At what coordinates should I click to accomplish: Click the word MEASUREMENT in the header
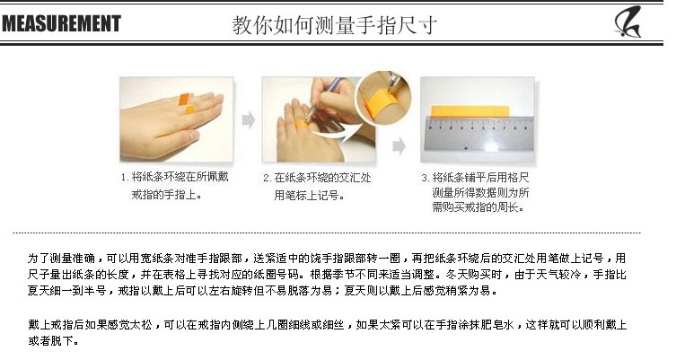(61, 23)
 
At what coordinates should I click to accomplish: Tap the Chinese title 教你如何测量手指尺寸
(335, 25)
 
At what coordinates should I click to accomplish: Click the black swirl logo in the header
(628, 22)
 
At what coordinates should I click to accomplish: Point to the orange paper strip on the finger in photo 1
(186, 103)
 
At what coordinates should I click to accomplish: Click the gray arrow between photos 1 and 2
(249, 119)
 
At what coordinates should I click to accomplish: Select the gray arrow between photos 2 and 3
(399, 145)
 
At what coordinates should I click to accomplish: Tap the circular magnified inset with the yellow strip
(382, 98)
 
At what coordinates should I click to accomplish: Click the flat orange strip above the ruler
(470, 111)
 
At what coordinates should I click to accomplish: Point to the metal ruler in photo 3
(478, 133)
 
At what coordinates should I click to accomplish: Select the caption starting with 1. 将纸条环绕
(174, 186)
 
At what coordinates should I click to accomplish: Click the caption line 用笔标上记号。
(310, 196)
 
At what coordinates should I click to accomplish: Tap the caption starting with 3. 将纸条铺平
(476, 192)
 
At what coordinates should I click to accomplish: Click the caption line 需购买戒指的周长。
(478, 207)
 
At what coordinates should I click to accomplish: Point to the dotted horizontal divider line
(327, 233)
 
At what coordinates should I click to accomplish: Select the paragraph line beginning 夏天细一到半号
(262, 291)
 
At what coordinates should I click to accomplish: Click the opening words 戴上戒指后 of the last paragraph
(56, 324)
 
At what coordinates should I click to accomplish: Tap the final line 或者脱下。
(54, 341)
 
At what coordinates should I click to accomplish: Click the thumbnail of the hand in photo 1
(176, 119)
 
